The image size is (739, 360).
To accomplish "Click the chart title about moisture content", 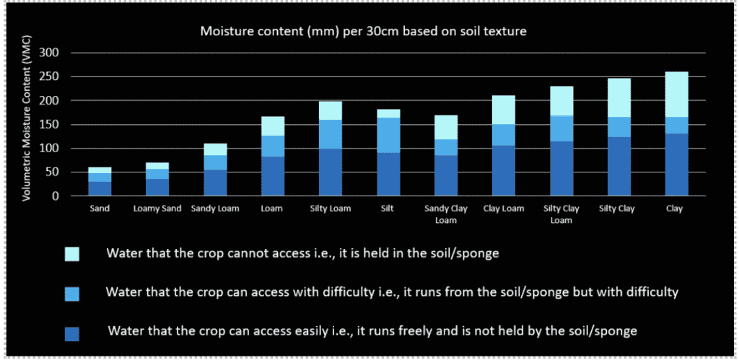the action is (x=364, y=32).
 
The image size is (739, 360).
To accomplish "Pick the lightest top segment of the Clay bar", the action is (x=676, y=95).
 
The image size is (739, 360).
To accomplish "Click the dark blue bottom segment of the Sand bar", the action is (x=100, y=188).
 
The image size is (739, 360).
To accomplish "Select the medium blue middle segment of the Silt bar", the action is (x=388, y=135).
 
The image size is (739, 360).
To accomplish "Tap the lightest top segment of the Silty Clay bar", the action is (x=618, y=97).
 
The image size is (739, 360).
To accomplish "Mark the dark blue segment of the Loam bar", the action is (x=273, y=176).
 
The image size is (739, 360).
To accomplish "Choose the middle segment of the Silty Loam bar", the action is (x=331, y=134).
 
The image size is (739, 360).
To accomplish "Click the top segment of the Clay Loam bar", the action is (x=503, y=110).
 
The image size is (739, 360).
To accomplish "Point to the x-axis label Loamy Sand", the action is (x=157, y=208).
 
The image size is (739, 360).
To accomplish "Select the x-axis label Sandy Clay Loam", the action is (x=446, y=214).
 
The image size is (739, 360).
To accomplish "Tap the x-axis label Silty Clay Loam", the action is (x=561, y=214).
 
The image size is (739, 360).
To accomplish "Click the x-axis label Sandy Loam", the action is (x=215, y=208).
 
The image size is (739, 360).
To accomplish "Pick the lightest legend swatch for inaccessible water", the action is (x=72, y=255).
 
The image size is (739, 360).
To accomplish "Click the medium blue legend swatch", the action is (x=72, y=294).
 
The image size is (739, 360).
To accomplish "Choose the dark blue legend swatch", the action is (x=72, y=333).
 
